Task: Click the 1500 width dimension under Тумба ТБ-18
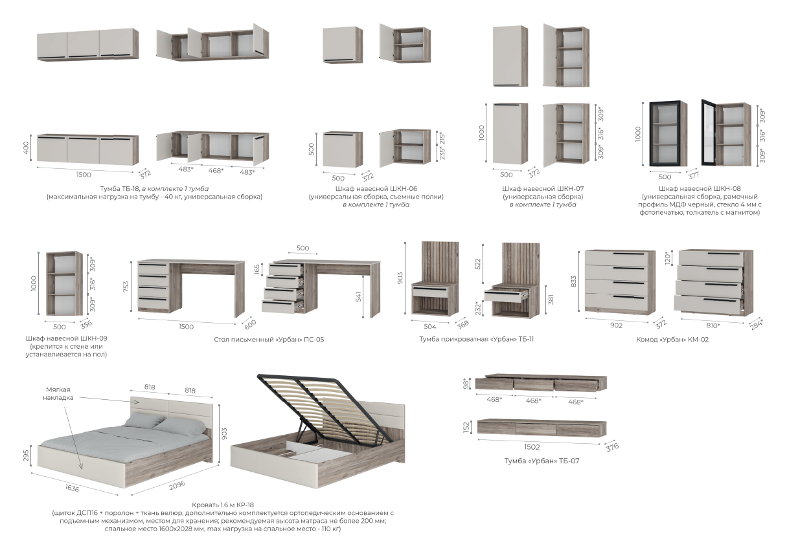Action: click(x=84, y=175)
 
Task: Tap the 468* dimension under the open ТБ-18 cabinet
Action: click(x=216, y=171)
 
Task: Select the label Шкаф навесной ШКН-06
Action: click(x=376, y=189)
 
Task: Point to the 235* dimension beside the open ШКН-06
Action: click(x=442, y=153)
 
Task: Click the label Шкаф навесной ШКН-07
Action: click(x=543, y=189)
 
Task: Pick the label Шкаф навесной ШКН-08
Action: click(x=700, y=189)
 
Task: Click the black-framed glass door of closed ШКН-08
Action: click(x=665, y=133)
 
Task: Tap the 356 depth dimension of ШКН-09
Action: click(x=86, y=325)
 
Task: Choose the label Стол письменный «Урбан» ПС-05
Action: click(x=269, y=340)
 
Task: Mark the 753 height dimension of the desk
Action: click(x=126, y=287)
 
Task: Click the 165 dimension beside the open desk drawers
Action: click(x=257, y=269)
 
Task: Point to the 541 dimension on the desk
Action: click(x=358, y=297)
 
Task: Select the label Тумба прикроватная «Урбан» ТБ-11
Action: click(x=476, y=339)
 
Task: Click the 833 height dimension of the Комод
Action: click(x=573, y=281)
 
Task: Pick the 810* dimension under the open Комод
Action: click(x=713, y=325)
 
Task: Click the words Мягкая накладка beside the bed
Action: click(x=58, y=393)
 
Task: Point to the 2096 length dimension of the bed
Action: click(x=177, y=485)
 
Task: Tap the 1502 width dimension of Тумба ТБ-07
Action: click(x=532, y=447)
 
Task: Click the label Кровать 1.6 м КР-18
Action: click(x=223, y=505)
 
